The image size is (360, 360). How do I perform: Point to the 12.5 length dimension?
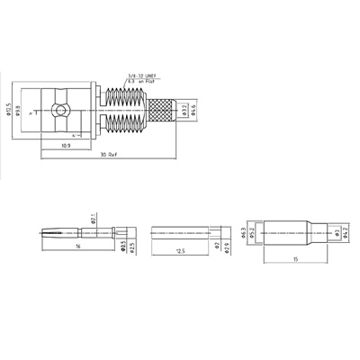(x=180, y=251)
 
